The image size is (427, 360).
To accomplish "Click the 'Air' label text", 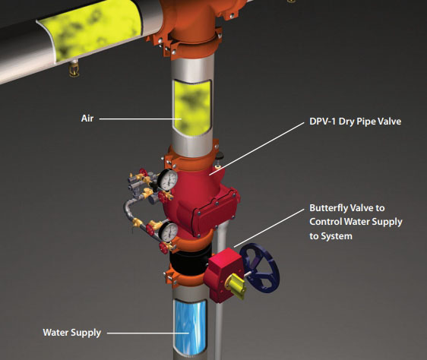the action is click(87, 118).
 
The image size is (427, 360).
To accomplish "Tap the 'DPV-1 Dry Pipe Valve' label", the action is click(355, 122).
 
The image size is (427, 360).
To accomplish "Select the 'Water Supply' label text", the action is click(72, 333).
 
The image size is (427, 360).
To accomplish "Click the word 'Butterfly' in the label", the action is click(329, 208).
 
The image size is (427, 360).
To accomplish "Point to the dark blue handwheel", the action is click(260, 268).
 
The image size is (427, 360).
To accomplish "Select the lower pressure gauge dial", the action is click(169, 232).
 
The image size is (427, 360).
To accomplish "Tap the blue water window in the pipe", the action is click(190, 327).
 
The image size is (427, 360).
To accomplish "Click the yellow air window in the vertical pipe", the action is click(192, 107).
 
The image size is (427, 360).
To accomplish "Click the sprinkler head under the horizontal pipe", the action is click(74, 69).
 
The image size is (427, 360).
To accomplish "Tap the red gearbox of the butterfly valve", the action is click(223, 275).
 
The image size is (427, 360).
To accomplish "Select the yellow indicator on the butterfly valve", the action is click(236, 286).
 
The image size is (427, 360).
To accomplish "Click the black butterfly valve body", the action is click(190, 260).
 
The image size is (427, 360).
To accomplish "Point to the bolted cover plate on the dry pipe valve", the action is click(215, 211).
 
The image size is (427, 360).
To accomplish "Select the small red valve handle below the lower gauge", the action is click(163, 248).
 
